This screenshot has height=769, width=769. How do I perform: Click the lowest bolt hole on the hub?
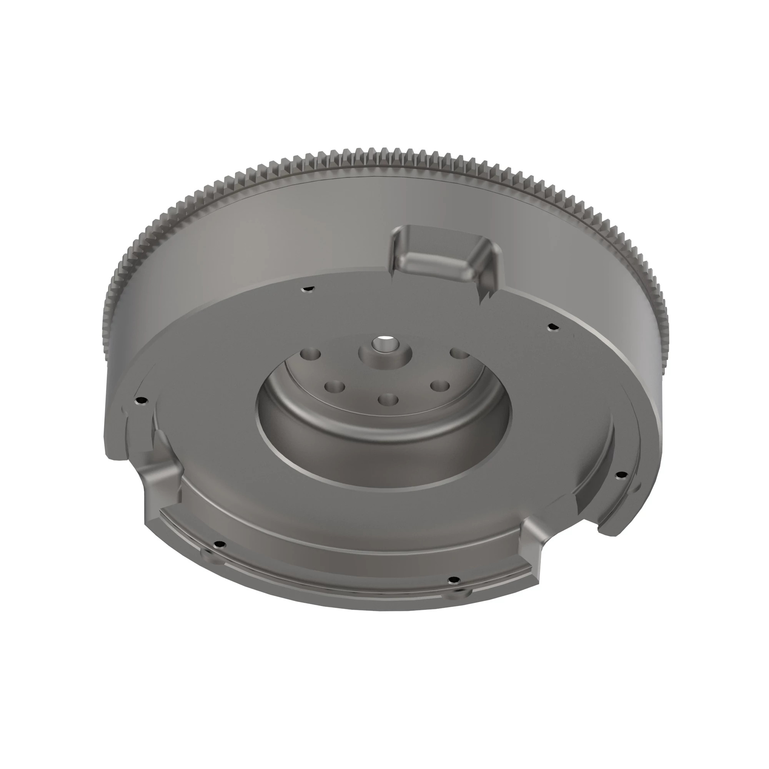[387, 399]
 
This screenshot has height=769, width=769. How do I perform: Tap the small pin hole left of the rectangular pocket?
[307, 290]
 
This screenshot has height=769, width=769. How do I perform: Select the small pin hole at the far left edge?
[139, 400]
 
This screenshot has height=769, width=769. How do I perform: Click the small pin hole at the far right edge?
[621, 474]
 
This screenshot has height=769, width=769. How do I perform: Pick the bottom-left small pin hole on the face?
[218, 544]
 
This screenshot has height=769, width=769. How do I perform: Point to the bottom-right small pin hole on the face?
[453, 579]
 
